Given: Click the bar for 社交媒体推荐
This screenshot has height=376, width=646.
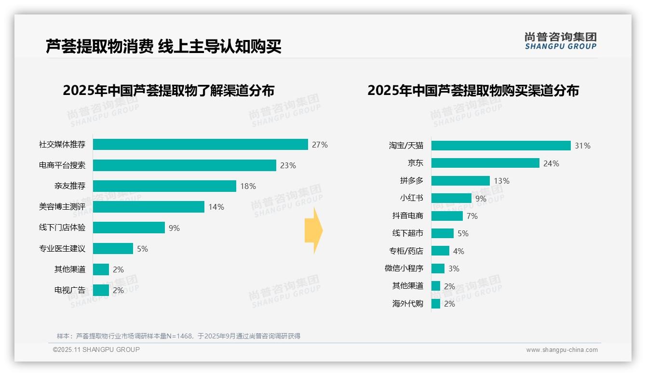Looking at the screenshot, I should click(x=200, y=145).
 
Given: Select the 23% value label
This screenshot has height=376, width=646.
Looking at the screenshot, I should click(x=288, y=165).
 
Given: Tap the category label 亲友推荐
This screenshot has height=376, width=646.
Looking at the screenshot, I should click(x=70, y=186).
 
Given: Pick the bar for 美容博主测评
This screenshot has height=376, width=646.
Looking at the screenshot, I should click(x=148, y=207).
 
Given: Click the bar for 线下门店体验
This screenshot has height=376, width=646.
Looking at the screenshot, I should click(x=129, y=228).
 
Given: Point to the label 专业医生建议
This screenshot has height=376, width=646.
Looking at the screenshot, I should click(x=62, y=249).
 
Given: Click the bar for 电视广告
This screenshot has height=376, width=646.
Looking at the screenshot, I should click(x=101, y=290).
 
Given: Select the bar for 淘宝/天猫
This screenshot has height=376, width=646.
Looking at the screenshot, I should click(x=500, y=146).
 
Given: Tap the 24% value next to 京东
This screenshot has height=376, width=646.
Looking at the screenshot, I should click(x=551, y=163).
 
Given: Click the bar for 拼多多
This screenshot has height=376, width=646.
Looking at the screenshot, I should click(x=460, y=181).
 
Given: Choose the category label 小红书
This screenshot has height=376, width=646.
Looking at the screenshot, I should click(x=412, y=198).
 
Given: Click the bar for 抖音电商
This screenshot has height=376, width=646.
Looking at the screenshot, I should click(x=447, y=216).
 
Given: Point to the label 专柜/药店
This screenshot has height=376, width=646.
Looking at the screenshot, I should click(x=406, y=251).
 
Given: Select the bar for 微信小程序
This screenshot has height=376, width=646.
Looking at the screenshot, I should click(x=438, y=269).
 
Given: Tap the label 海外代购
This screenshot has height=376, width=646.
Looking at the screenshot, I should click(x=408, y=304).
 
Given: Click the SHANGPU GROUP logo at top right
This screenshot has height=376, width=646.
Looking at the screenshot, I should click(x=560, y=40).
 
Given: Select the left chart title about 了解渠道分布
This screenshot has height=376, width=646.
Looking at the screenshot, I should click(x=169, y=90).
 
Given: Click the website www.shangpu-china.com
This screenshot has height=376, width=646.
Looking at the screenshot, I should click(x=562, y=350).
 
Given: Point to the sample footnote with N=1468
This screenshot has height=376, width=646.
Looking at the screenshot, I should click(x=178, y=336).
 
